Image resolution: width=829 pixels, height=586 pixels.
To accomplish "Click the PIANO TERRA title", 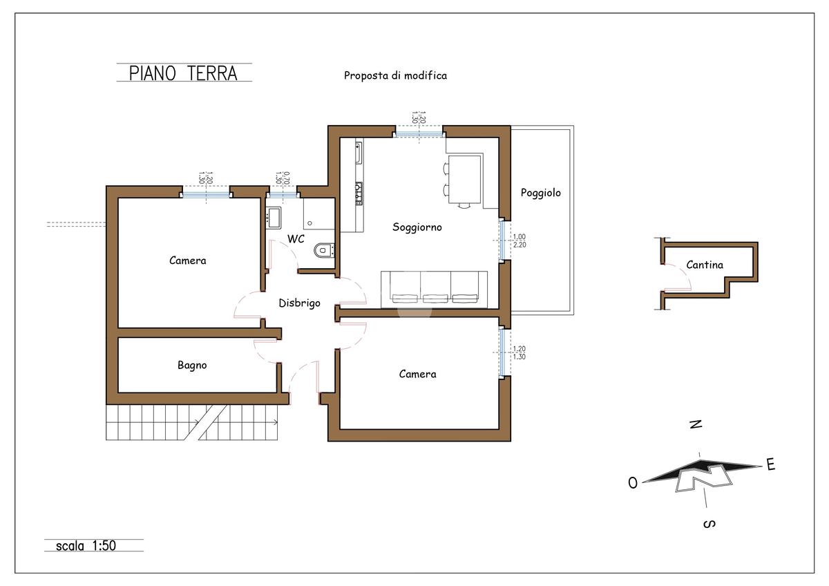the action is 183,73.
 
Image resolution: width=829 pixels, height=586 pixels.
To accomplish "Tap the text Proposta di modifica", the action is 395,75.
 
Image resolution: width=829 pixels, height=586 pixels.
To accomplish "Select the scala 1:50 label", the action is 86,546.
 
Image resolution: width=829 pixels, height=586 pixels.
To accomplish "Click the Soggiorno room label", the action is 417,227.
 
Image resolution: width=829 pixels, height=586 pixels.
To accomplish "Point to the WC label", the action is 296,239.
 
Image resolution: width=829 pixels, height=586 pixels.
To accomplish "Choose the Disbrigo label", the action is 299,303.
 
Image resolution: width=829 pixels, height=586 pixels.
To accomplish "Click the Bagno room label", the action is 192,366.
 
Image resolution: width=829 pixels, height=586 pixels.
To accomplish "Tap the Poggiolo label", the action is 541,193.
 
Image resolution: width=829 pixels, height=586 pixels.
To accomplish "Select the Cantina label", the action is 705,265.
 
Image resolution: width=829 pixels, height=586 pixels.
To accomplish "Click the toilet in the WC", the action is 324,250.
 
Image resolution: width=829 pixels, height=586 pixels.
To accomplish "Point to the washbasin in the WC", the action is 274,217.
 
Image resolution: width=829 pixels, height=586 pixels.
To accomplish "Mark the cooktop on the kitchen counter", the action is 359,193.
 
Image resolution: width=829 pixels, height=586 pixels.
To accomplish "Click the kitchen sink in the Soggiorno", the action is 359,153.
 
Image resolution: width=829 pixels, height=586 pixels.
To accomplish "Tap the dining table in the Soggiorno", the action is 464,179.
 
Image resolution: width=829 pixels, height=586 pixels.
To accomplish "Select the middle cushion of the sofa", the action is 435,290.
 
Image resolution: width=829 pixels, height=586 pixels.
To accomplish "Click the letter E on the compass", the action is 771,464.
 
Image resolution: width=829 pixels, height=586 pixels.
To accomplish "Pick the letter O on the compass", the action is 633,483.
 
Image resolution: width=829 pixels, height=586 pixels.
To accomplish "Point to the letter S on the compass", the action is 709,524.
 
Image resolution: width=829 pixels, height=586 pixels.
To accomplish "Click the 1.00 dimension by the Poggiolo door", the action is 520,236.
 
